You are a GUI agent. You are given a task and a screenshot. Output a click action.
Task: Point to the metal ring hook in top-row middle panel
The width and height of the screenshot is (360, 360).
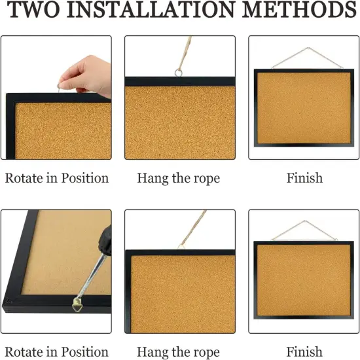pos(178,71)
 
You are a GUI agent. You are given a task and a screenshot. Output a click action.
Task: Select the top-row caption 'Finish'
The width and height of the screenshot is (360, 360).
pos(304,178)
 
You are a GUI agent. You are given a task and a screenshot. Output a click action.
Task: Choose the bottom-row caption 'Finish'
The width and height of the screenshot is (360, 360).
pos(304,352)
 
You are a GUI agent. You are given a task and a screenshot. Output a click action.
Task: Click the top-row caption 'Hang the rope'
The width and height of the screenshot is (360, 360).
pos(179,178)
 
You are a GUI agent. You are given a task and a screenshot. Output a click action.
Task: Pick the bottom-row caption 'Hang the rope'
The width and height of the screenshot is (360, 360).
pos(179,352)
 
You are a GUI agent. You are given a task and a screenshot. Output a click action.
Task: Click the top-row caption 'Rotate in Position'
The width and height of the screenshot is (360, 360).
pos(57,178)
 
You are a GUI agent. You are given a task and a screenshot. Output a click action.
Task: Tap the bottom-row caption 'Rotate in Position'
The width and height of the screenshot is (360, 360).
pos(57,352)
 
